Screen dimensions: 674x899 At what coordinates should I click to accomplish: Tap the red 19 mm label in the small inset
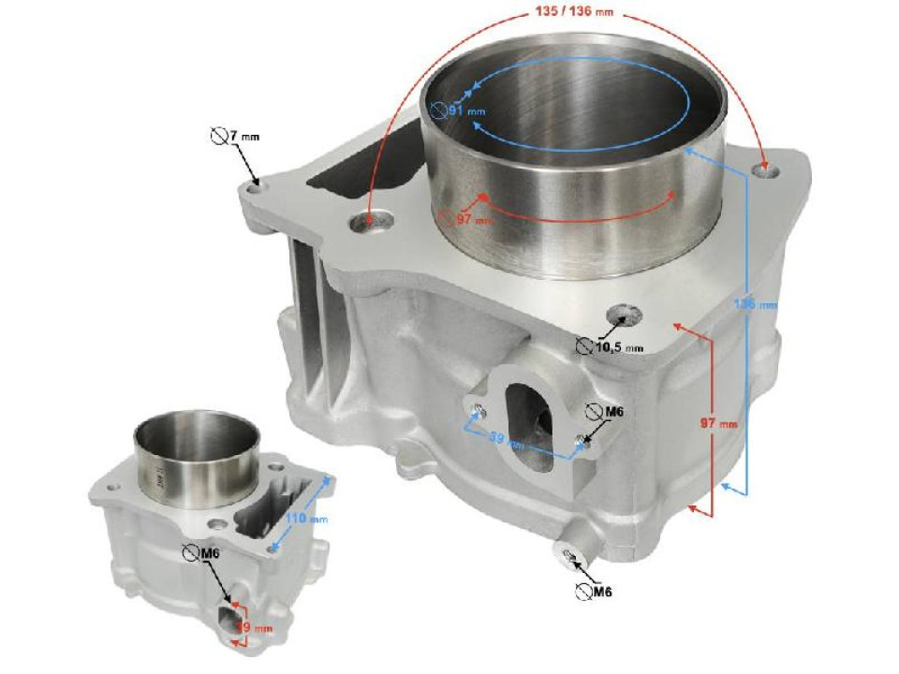pyautogui.click(x=245, y=627)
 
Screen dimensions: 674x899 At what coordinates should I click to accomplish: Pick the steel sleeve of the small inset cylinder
pyautogui.click(x=196, y=460)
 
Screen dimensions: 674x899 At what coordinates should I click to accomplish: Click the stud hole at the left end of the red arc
pyautogui.click(x=369, y=223)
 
